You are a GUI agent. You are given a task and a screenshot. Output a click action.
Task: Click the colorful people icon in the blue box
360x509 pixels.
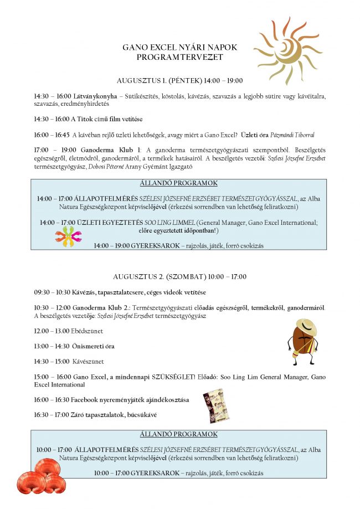(x=69, y=236)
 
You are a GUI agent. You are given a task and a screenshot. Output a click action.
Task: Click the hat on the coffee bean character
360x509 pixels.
(x=305, y=325)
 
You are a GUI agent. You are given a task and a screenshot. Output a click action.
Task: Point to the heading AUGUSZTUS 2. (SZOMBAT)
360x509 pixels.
(x=179, y=276)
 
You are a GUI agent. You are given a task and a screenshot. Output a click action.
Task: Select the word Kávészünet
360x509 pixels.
(x=88, y=362)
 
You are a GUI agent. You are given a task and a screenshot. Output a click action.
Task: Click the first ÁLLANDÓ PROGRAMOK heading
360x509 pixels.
(x=179, y=183)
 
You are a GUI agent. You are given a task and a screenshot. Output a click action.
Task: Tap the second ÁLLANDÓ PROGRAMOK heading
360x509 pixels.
(x=179, y=435)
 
